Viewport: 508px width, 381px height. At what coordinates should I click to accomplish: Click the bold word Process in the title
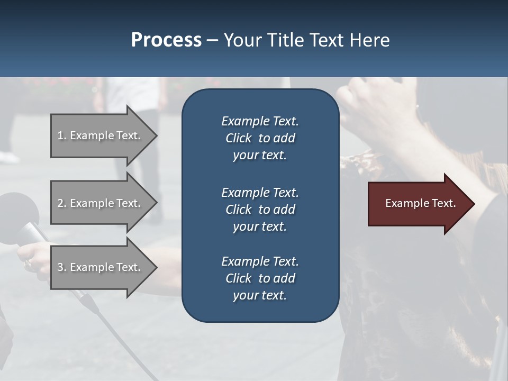click(166, 40)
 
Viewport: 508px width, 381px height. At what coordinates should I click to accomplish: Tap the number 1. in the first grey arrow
click(62, 135)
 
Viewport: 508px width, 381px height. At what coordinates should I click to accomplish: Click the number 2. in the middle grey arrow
click(62, 203)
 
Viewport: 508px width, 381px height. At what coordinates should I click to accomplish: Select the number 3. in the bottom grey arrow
click(62, 267)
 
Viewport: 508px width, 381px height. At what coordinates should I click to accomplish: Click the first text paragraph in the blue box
click(260, 138)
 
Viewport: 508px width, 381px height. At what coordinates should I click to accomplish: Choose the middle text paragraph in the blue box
click(260, 209)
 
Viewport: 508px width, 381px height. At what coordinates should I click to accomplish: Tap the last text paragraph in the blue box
click(260, 278)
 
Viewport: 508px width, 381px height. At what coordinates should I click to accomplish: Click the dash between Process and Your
click(213, 40)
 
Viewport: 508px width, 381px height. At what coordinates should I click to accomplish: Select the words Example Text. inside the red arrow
click(420, 203)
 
